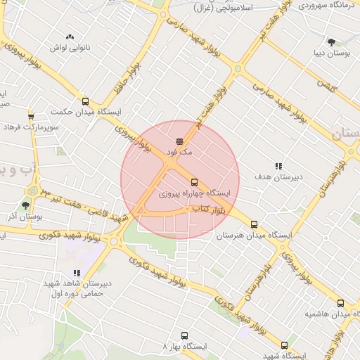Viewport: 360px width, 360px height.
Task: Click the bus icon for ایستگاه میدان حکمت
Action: tap(86, 101)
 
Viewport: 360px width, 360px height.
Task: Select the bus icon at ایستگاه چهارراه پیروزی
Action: tap(195, 181)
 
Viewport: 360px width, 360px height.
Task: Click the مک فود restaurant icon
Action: tap(179, 141)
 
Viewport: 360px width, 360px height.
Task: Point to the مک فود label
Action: tap(179, 152)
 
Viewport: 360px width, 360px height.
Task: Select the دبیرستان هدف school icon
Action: tap(278, 167)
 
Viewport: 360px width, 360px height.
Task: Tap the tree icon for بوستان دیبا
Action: tap(331, 42)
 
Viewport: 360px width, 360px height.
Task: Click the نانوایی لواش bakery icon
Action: tap(69, 37)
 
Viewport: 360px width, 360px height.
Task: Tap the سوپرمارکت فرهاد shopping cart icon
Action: tap(31, 116)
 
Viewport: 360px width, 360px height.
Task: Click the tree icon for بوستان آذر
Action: tap(25, 205)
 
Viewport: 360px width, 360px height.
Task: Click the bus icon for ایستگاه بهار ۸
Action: tap(184, 336)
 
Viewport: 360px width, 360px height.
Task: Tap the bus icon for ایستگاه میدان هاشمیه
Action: tap(340, 303)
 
